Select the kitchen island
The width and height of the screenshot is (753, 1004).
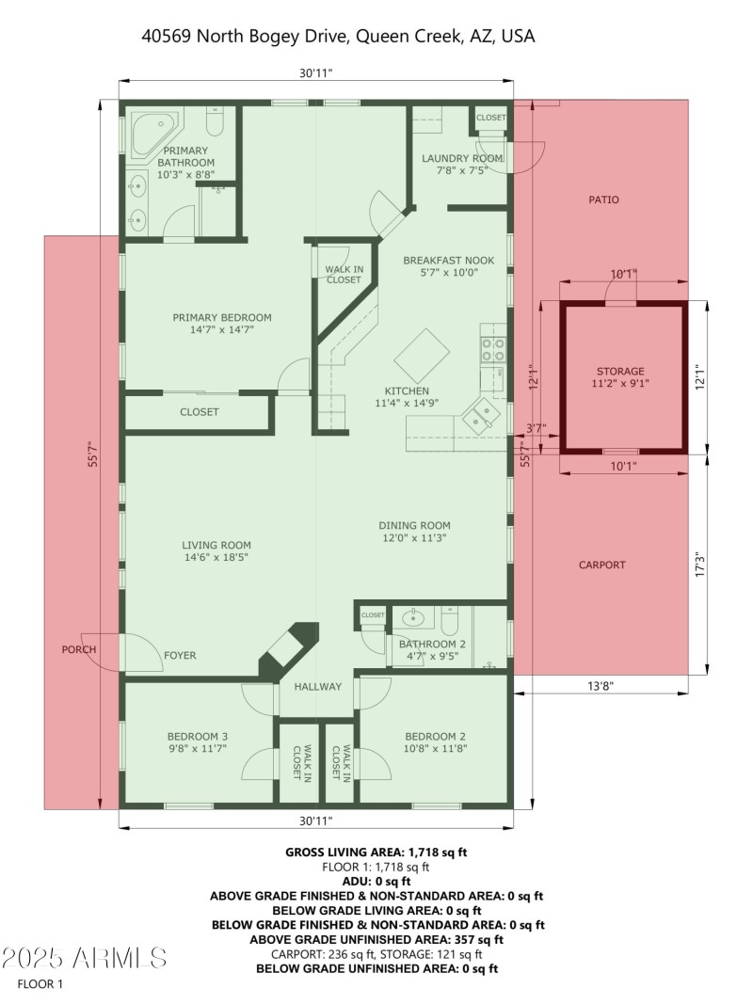point(421,354)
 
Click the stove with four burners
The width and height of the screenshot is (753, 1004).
point(493,349)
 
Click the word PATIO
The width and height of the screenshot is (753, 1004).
point(603,199)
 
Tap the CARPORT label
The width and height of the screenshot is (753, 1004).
point(601,565)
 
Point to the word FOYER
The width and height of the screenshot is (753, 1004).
point(180,655)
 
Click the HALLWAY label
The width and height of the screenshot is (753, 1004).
point(317,686)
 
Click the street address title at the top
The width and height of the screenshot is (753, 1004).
point(338,36)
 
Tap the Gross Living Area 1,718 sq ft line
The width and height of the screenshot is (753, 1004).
point(376,852)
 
